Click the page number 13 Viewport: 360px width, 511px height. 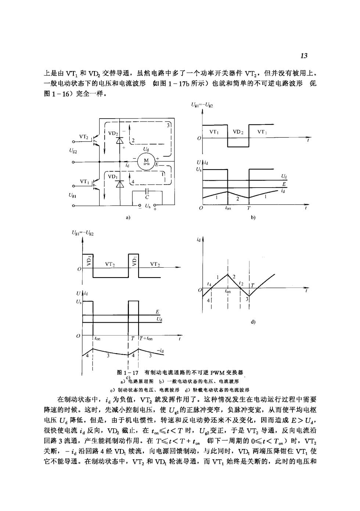(x=304, y=56)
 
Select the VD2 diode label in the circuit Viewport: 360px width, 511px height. (x=113, y=133)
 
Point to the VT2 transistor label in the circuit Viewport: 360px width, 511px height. (x=83, y=137)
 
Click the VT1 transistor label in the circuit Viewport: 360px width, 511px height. (x=84, y=181)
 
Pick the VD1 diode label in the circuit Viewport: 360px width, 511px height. (x=113, y=177)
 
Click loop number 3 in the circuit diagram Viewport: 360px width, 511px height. (x=168, y=125)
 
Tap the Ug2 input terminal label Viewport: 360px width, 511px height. (x=73, y=151)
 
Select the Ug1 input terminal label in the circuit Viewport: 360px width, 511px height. (x=72, y=195)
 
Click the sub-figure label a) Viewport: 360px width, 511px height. (x=128, y=217)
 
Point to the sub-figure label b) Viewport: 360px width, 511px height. (x=253, y=217)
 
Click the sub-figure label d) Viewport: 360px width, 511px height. (x=253, y=322)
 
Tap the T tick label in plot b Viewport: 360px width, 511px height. (x=249, y=208)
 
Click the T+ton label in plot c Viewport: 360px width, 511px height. (x=146, y=338)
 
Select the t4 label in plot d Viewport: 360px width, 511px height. (x=209, y=284)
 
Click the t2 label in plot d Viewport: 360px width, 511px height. (x=241, y=283)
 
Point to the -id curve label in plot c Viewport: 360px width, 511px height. (x=160, y=351)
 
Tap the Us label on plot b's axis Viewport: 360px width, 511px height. (x=199, y=170)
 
